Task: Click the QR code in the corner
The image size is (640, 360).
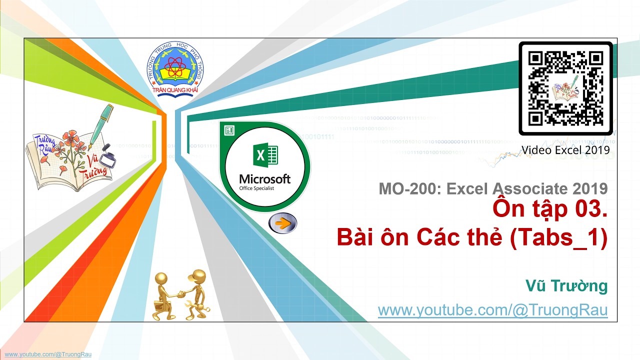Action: coord(565,88)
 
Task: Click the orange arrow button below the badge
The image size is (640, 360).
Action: coord(282,223)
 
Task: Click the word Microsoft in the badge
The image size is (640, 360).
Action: coord(264,179)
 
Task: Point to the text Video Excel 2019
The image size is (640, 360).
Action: coord(565,149)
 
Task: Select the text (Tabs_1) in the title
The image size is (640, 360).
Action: coord(558,238)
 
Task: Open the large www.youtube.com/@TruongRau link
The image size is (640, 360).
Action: coord(492,310)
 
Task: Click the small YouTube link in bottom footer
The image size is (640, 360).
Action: coord(48,354)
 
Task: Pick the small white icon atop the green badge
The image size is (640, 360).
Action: coord(229,130)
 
